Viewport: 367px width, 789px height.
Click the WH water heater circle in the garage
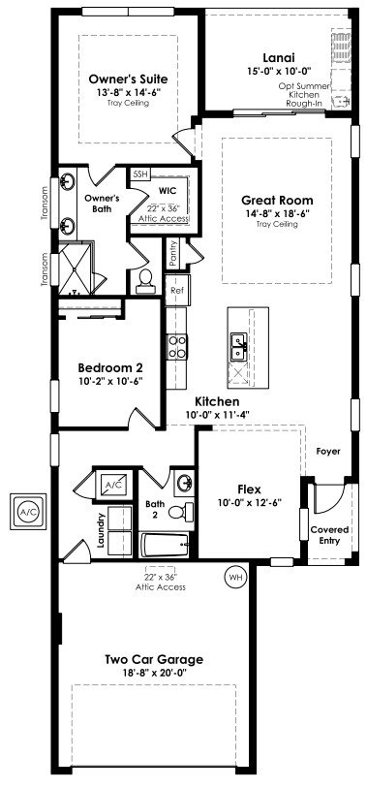click(x=235, y=577)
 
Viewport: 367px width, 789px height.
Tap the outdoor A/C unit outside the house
click(x=28, y=512)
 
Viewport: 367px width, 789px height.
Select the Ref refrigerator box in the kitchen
click(x=177, y=291)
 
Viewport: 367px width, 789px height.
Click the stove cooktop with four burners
click(x=177, y=347)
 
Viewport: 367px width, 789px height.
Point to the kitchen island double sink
click(x=238, y=347)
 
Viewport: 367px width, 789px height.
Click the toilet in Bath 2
click(x=181, y=512)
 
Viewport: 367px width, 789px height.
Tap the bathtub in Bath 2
click(x=165, y=545)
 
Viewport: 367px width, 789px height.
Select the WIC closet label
click(x=167, y=191)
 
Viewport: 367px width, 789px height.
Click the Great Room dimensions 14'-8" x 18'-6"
click(x=277, y=213)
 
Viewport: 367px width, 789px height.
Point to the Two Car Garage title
click(x=154, y=659)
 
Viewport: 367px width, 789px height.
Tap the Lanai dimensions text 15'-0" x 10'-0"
click(x=280, y=71)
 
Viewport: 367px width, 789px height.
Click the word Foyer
click(x=328, y=452)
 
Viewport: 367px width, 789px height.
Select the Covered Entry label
click(x=329, y=535)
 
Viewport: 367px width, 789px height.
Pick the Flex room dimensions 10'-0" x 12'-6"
click(x=249, y=502)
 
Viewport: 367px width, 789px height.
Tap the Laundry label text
click(x=102, y=530)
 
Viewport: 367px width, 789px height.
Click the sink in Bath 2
click(x=185, y=483)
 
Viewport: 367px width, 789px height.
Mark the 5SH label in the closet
click(x=140, y=174)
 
